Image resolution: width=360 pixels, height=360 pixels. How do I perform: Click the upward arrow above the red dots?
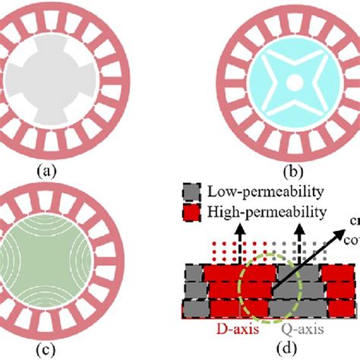tap(250, 227)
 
